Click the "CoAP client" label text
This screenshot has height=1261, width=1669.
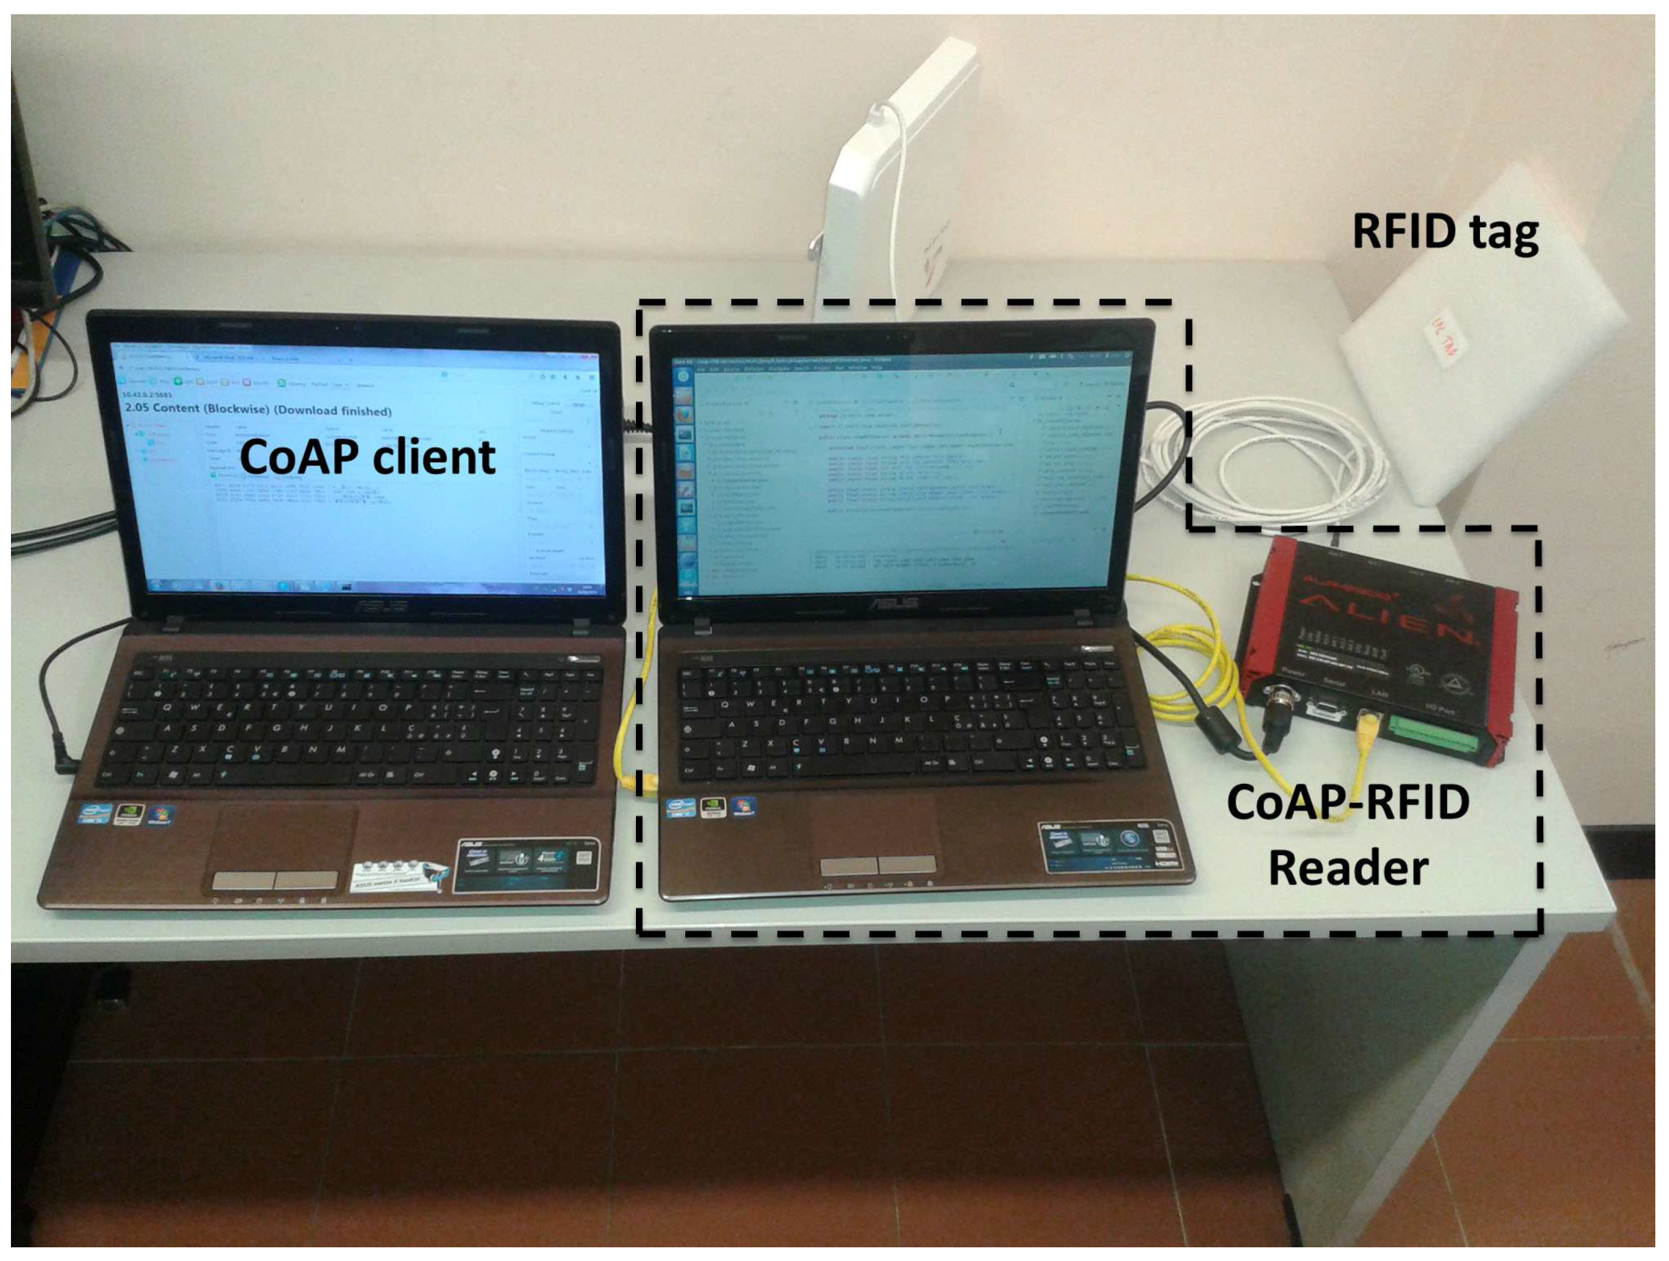(x=368, y=457)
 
